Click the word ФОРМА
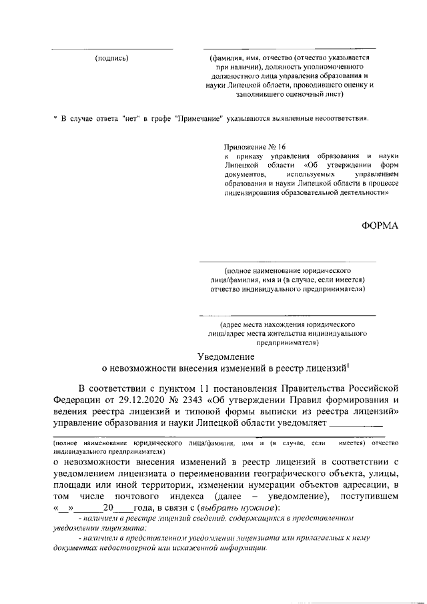coord(380,226)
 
